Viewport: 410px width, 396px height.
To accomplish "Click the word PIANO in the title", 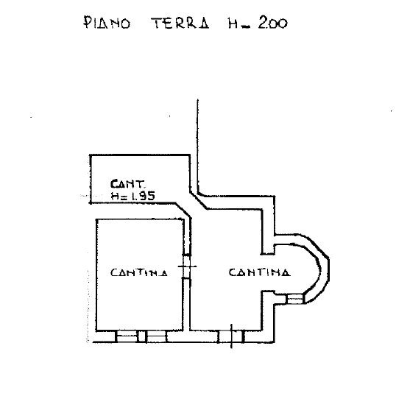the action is pyautogui.click(x=107, y=23).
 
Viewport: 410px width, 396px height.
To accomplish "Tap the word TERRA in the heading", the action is pyautogui.click(x=180, y=23).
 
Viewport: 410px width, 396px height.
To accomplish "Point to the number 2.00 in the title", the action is pyautogui.click(x=273, y=24).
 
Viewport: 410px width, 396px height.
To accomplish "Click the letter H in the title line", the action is pyautogui.click(x=233, y=24).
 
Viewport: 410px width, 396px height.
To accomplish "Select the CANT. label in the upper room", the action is pyautogui.click(x=127, y=184).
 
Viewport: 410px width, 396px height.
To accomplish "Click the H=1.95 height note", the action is pyautogui.click(x=132, y=196).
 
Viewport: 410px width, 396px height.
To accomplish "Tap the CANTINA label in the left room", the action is pyautogui.click(x=139, y=273).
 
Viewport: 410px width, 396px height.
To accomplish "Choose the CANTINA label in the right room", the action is pyautogui.click(x=259, y=272).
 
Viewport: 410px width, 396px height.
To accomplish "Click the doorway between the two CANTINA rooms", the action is pyautogui.click(x=187, y=266).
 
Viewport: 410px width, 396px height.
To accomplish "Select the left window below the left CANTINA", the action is pyautogui.click(x=127, y=336).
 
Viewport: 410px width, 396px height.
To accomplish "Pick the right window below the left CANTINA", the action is pyautogui.click(x=156, y=336).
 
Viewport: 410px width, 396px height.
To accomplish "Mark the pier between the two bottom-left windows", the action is pyautogui.click(x=141, y=336).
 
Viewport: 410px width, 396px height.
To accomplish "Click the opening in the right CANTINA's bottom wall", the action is pyautogui.click(x=231, y=336).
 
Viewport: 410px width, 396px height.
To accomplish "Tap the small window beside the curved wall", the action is pyautogui.click(x=295, y=299).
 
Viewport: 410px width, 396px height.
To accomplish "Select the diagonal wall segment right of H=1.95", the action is pyautogui.click(x=183, y=210).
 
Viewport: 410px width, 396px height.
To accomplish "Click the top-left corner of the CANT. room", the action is pyautogui.click(x=91, y=155).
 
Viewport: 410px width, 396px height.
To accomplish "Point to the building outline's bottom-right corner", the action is pyautogui.click(x=275, y=342).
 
